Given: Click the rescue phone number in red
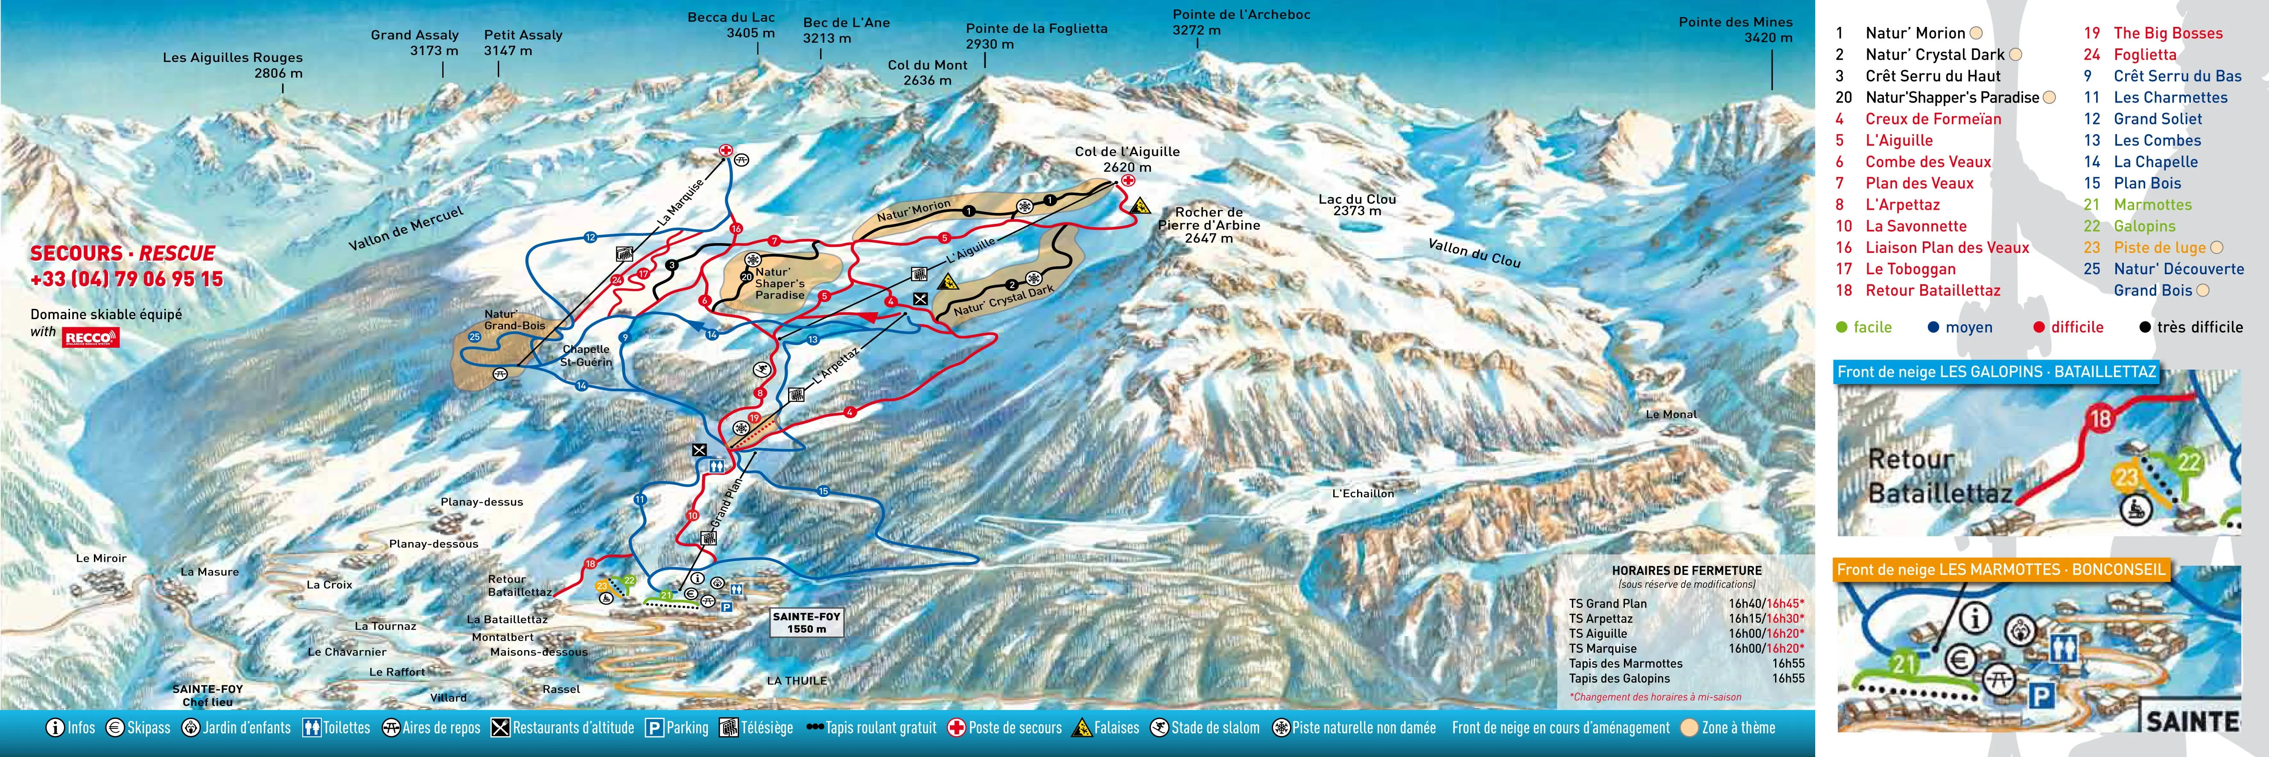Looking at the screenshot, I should (x=127, y=279).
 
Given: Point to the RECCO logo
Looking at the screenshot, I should (x=91, y=337).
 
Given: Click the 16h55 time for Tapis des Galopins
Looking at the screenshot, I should (x=1788, y=678).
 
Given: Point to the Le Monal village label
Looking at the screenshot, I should (x=1671, y=414).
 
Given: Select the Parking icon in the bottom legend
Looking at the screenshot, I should (x=654, y=728).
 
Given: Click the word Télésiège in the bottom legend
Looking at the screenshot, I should (x=766, y=728).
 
